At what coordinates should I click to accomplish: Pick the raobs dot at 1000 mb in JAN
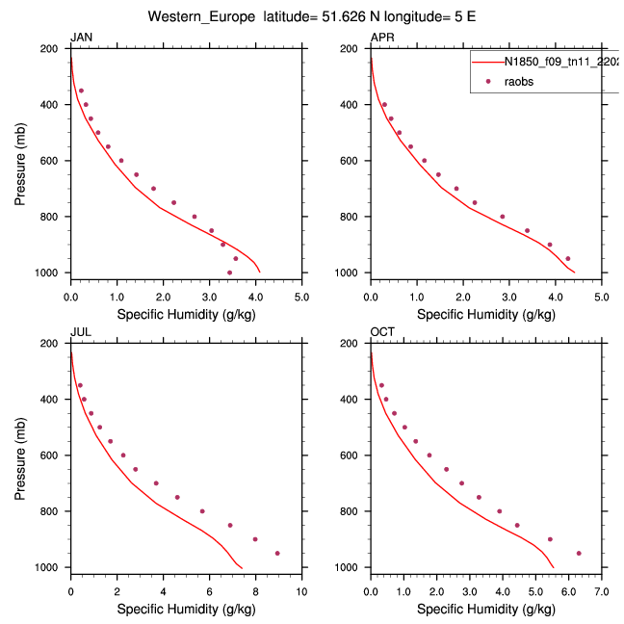(229, 273)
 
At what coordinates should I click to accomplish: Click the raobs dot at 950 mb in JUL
(277, 553)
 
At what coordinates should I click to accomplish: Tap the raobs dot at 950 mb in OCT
(579, 553)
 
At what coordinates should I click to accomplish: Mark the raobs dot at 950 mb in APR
(568, 258)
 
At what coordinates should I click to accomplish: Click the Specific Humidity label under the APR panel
(485, 314)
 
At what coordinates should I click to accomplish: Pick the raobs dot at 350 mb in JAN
(81, 91)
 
